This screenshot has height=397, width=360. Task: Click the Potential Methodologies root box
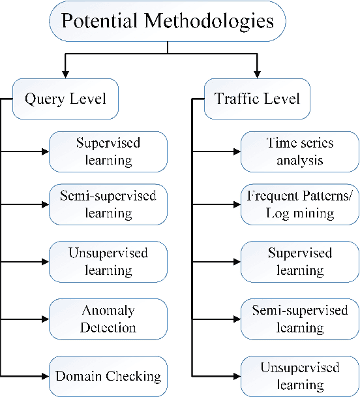coord(167,22)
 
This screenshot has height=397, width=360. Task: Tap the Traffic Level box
coord(257,100)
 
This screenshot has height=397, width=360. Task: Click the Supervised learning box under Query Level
coord(108,151)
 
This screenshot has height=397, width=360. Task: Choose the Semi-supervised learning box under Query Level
coord(108,204)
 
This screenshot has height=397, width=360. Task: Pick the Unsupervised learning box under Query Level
coord(108,261)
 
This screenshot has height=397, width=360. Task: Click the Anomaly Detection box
coord(108,319)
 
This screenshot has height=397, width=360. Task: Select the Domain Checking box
coord(108,376)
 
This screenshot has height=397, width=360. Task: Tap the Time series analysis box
coord(300,151)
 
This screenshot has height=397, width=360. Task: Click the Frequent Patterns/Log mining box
coord(300,204)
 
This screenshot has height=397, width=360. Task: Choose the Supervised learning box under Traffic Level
coord(300,261)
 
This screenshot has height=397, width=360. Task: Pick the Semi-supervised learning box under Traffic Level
coord(300,319)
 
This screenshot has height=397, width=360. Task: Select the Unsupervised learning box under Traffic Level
coord(300,376)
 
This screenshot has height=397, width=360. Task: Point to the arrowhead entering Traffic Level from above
coord(258,72)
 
